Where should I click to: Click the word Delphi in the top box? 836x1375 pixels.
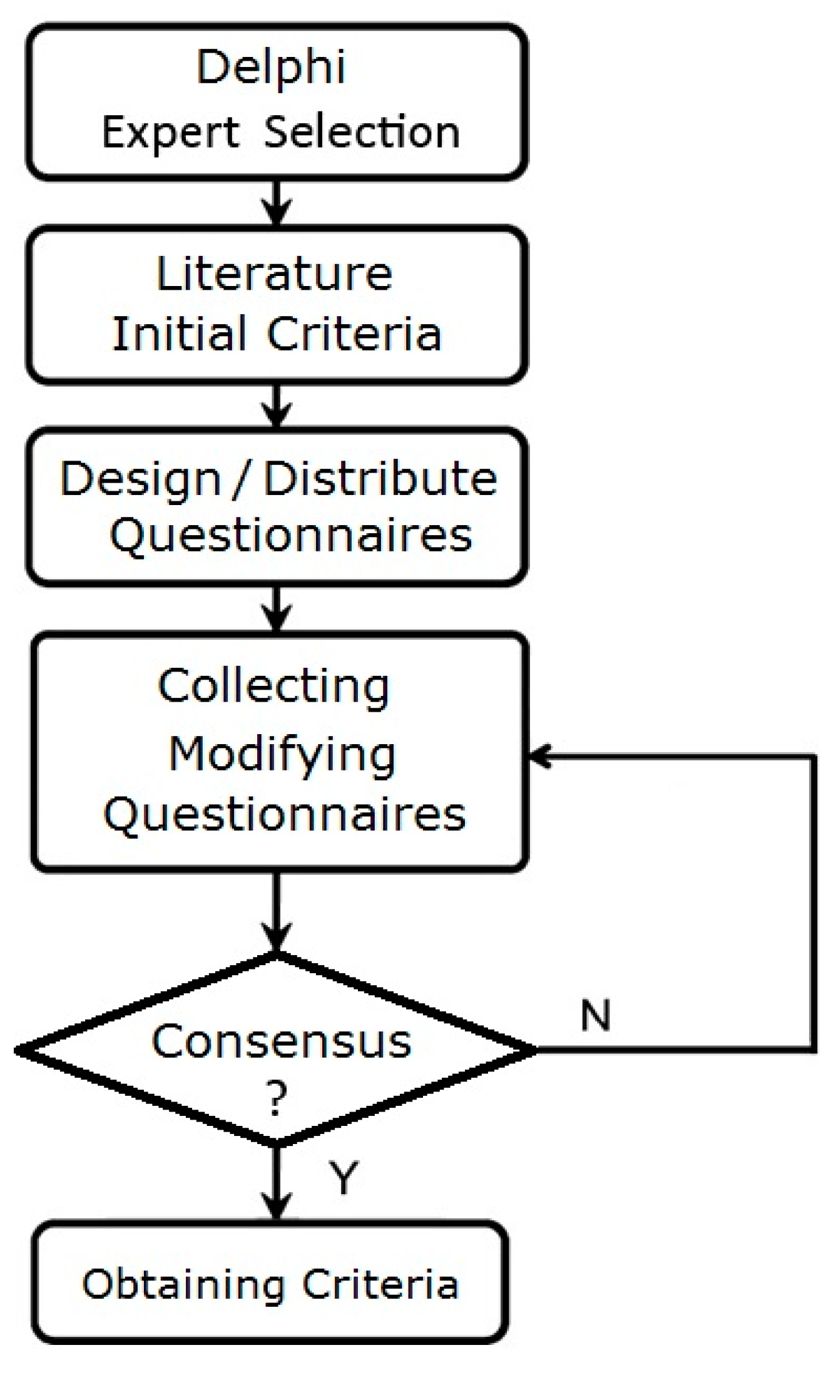(x=270, y=68)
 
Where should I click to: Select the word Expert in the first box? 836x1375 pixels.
(x=170, y=133)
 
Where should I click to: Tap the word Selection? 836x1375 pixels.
(x=362, y=132)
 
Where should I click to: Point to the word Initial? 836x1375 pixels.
(x=179, y=334)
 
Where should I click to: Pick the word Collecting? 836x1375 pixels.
(x=273, y=687)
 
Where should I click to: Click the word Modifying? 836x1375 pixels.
(x=282, y=754)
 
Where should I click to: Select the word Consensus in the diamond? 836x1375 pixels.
(x=281, y=1042)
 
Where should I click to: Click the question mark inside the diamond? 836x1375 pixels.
(x=276, y=1100)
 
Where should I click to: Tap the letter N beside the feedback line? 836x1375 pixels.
(x=595, y=1015)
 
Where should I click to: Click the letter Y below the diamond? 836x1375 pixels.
(x=344, y=1177)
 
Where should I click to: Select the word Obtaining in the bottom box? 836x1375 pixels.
(x=183, y=1285)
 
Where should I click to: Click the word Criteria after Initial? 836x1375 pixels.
(x=354, y=334)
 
